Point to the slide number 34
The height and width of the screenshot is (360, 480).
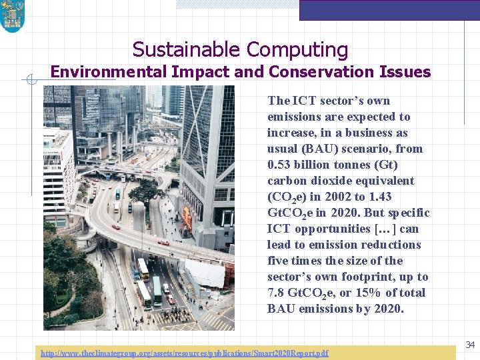(470, 345)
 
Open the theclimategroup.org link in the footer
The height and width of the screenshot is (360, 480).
(184, 353)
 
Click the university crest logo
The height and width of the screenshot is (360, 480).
(12, 16)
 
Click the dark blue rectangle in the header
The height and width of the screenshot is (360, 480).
(389, 10)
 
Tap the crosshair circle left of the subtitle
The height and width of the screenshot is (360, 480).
(31, 81)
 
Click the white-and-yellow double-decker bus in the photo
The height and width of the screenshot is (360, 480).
(143, 269)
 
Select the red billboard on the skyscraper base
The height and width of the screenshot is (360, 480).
(187, 219)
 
